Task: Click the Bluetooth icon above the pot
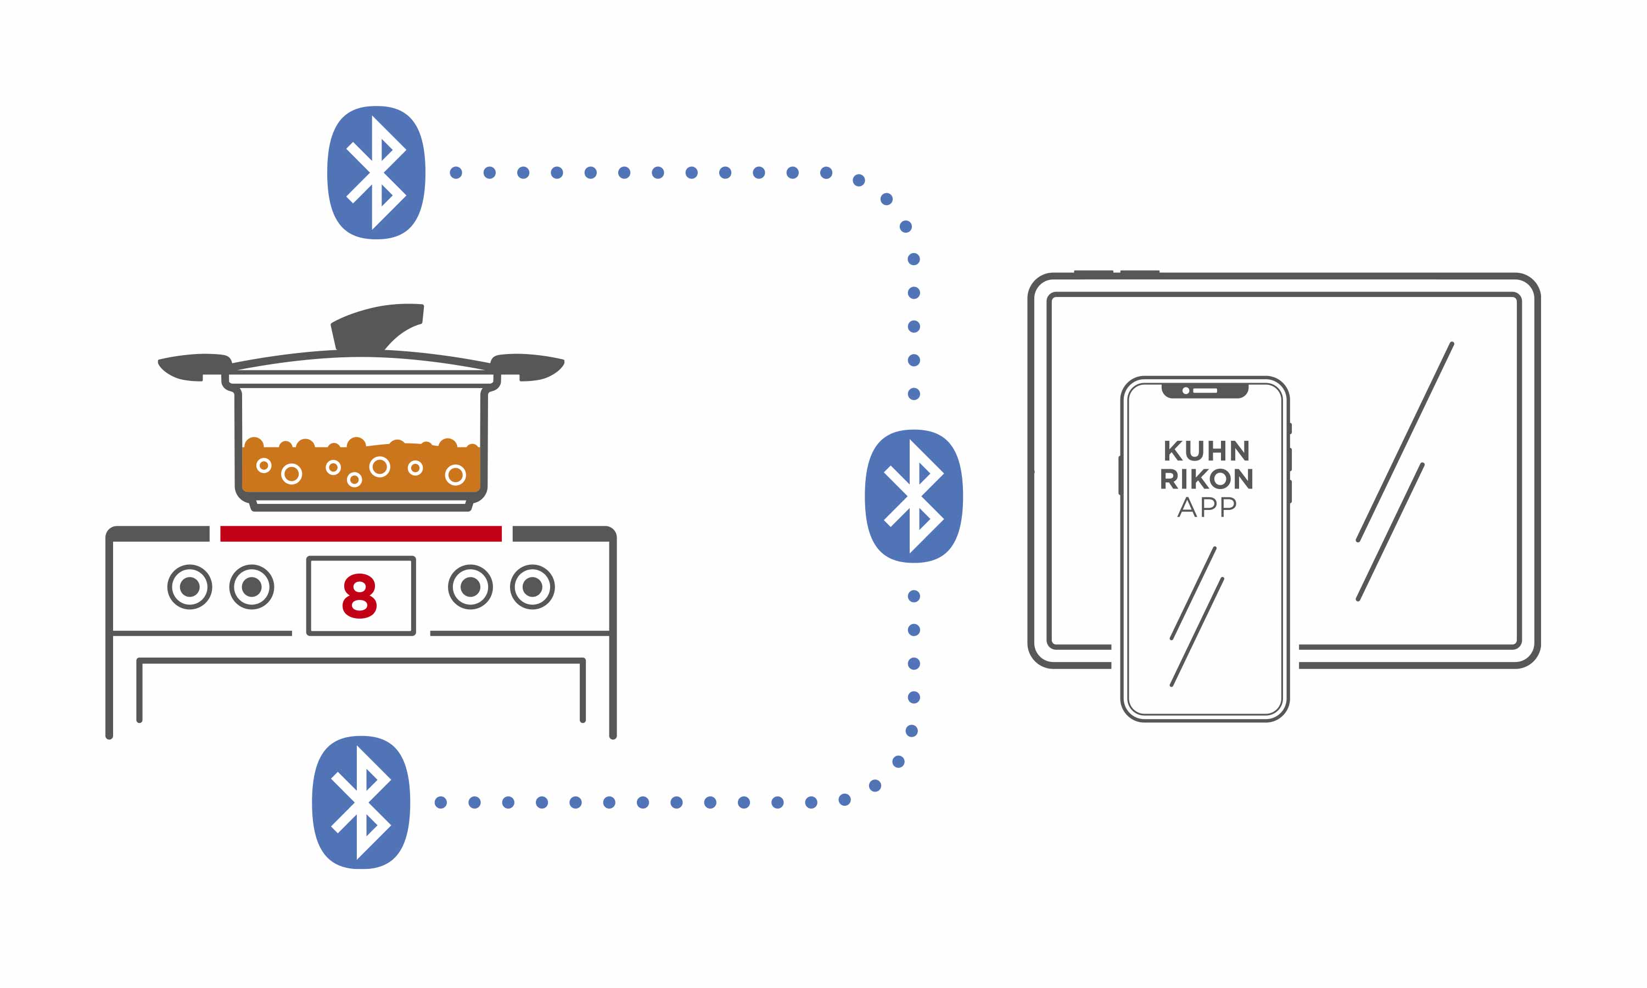pos(376,172)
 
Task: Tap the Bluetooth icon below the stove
pos(361,802)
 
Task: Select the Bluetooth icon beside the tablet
pos(914,496)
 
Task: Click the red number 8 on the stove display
pos(360,596)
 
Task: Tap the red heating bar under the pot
pos(361,534)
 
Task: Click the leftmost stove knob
pos(190,587)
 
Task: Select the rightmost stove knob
pos(533,587)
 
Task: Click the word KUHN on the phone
pos(1206,451)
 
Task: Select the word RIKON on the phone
pos(1206,479)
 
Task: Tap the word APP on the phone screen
pos(1206,507)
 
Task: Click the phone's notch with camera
pos(1205,391)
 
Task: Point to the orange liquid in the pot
pos(361,469)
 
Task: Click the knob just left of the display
pos(251,587)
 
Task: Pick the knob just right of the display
pos(470,587)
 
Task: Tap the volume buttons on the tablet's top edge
pos(1117,272)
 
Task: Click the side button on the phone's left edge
pos(1121,475)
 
